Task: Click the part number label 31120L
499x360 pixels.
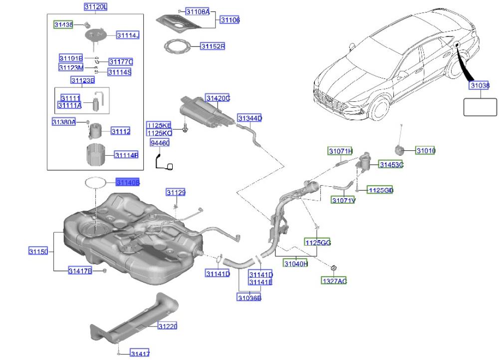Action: pos(95,7)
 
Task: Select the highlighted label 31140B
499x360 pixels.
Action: pos(128,183)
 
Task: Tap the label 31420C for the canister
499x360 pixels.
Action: pos(218,98)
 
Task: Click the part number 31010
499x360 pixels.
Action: pos(426,150)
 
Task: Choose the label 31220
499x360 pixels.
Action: pos(168,326)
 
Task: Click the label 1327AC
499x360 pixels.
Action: pos(333,281)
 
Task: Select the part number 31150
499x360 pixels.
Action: pos(38,252)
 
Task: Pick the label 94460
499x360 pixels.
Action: pos(160,143)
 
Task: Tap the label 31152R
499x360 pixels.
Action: pos(213,46)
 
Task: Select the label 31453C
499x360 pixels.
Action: pos(391,164)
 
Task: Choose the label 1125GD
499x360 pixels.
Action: pos(380,190)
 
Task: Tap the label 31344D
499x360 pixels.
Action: pos(249,118)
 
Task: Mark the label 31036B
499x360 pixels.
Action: pos(249,298)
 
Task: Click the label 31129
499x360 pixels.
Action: pos(176,192)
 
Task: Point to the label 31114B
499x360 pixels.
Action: pos(126,155)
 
